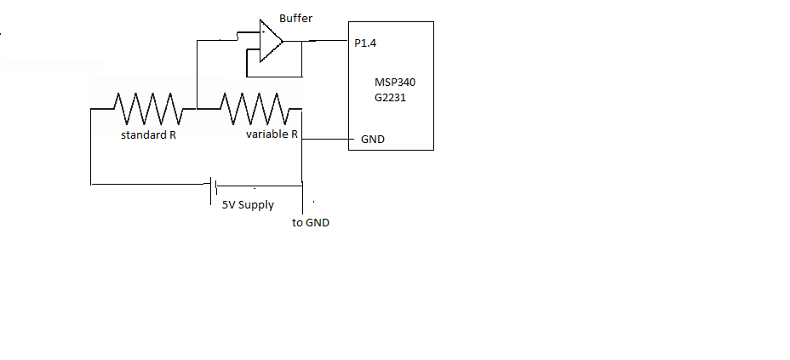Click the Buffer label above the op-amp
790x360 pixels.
(x=297, y=17)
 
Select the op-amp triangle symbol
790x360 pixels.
(x=271, y=41)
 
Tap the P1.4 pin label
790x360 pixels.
(x=365, y=43)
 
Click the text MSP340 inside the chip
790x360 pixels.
(x=395, y=83)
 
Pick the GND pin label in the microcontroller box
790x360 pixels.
(x=373, y=139)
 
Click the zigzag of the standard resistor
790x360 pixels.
(x=148, y=108)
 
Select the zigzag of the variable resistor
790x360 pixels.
(x=253, y=108)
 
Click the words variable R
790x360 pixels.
(x=272, y=135)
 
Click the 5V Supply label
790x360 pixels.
(x=248, y=204)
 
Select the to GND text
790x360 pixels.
(x=310, y=223)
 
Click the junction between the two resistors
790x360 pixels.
(x=196, y=108)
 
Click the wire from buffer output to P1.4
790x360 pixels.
(x=313, y=42)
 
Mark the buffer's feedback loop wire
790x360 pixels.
(x=247, y=63)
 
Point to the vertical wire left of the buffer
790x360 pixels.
(x=196, y=73)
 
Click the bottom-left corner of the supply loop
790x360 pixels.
(x=90, y=182)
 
